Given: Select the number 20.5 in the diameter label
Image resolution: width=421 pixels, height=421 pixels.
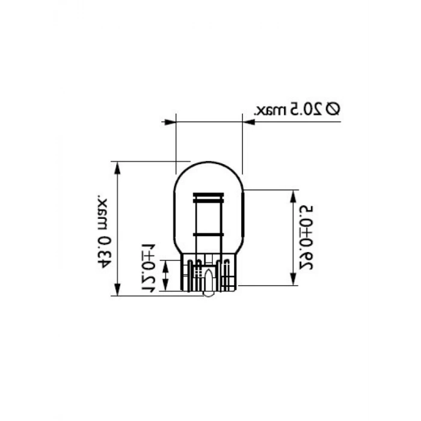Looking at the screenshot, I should pos(305,109).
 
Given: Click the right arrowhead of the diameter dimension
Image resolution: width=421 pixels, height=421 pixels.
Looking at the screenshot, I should pos(248,122).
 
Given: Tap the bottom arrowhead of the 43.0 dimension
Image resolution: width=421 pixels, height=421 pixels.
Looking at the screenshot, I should pos(117,291).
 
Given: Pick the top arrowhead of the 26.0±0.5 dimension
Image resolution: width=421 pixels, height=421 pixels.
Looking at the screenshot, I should pos(293,196).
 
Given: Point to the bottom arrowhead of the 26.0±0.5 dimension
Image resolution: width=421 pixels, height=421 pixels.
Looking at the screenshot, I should pos(293,281).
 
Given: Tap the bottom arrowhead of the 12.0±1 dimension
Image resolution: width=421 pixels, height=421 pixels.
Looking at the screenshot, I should pos(167,287).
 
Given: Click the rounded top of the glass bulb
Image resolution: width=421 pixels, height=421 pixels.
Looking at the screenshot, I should pos(207,164).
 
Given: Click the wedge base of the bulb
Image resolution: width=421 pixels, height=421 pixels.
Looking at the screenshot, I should pos(207,274).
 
